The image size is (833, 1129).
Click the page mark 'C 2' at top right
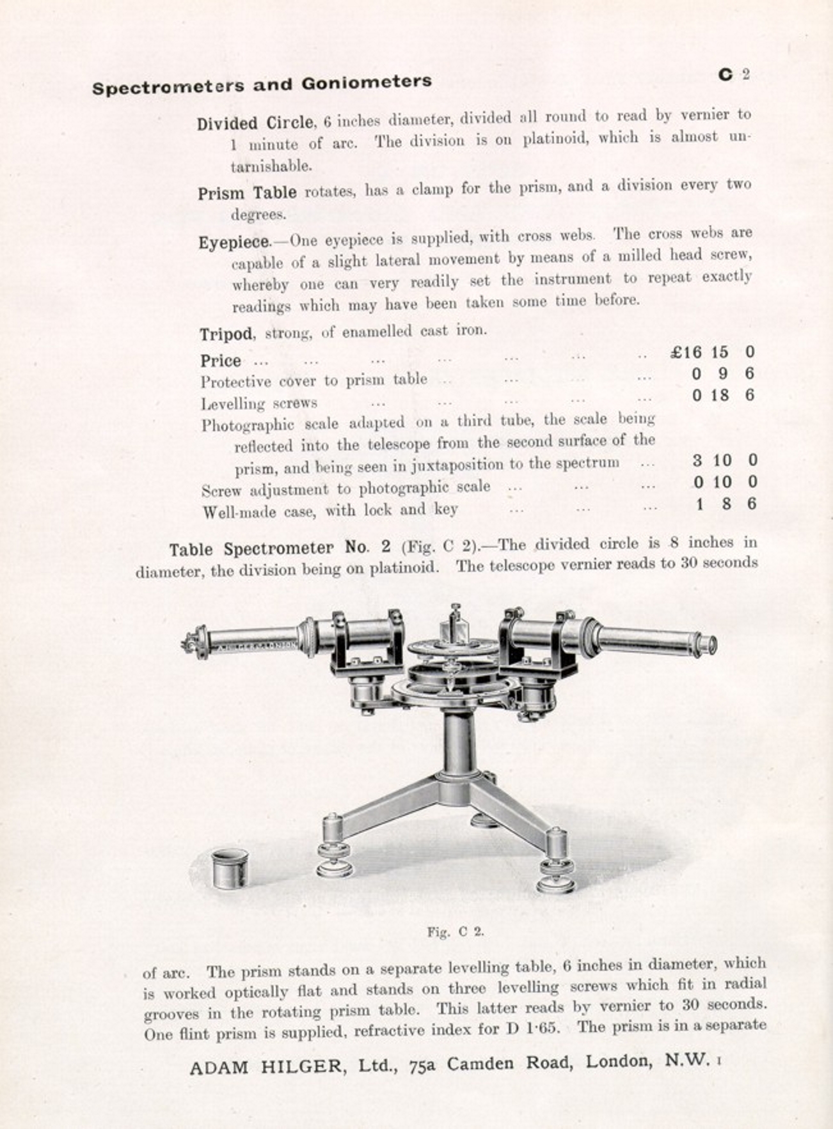click(x=733, y=74)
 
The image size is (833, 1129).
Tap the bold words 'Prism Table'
click(x=247, y=192)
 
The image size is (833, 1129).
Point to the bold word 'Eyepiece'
click(x=235, y=243)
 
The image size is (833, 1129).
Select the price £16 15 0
click(x=713, y=352)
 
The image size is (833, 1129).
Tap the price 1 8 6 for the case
click(x=726, y=504)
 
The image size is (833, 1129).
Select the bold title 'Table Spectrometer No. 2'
click(x=280, y=549)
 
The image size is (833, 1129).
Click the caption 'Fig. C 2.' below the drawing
click(x=456, y=931)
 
